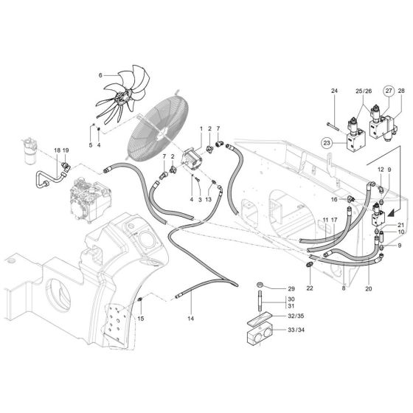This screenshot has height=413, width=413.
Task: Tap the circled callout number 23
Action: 327,142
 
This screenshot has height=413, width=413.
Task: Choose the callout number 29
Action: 291,288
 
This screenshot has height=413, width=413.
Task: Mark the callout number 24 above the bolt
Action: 333,91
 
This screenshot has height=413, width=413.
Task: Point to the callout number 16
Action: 334,199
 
